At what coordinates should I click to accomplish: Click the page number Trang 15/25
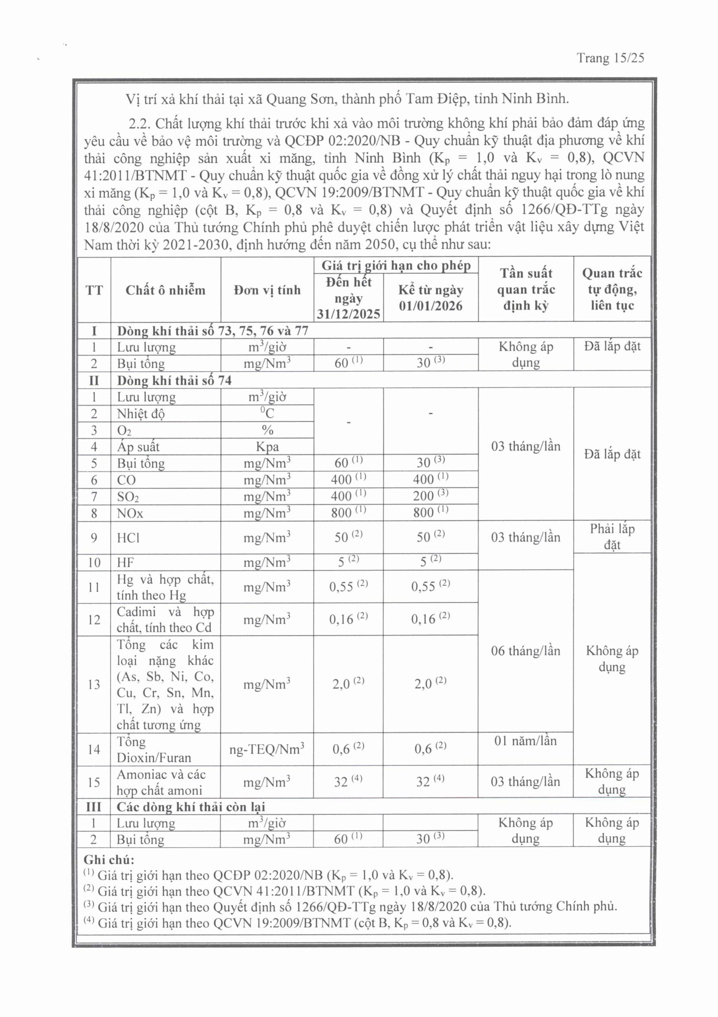[x=610, y=58]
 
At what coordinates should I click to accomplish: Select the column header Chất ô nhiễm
[x=165, y=290]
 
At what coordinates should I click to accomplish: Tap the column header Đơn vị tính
[x=267, y=290]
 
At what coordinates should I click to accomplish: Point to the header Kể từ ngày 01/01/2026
[x=430, y=298]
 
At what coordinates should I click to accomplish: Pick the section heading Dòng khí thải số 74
[x=174, y=381]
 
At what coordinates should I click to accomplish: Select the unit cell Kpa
[x=267, y=447]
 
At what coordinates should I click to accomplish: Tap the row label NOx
[x=130, y=513]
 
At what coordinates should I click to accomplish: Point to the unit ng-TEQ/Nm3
[x=267, y=750]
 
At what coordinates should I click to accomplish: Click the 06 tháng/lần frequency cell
[x=526, y=651]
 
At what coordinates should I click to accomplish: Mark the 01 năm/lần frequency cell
[x=526, y=741]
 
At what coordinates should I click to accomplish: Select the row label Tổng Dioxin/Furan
[x=153, y=750]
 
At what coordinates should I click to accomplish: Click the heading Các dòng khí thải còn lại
[x=190, y=806]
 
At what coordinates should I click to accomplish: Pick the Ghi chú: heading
[x=109, y=860]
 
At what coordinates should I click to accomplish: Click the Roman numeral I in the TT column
[x=94, y=331]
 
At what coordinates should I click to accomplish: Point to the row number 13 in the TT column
[x=94, y=684]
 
